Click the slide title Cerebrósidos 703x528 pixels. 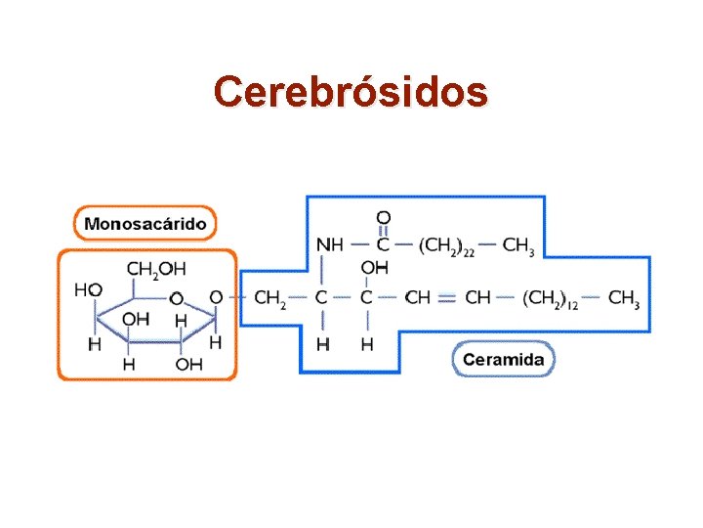pos(351,92)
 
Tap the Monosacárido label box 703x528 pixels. pos(145,223)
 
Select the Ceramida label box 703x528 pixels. pos(504,359)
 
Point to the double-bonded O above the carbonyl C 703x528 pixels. pos(384,217)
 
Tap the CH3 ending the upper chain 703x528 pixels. pos(517,245)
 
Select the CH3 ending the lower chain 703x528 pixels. pos(623,297)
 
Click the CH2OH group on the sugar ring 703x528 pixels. pos(156,269)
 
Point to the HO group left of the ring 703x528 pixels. pos(88,290)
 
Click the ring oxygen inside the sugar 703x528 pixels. pos(177,297)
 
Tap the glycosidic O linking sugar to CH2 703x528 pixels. pos(216,297)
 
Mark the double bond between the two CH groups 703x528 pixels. pos(446,298)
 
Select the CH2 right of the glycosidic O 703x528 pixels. pos(269,297)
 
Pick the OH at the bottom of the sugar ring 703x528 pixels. pos(188,365)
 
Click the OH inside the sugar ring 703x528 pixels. pos(136,319)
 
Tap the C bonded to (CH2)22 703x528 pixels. pos(384,244)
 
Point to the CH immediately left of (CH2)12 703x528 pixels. pos(478,297)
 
